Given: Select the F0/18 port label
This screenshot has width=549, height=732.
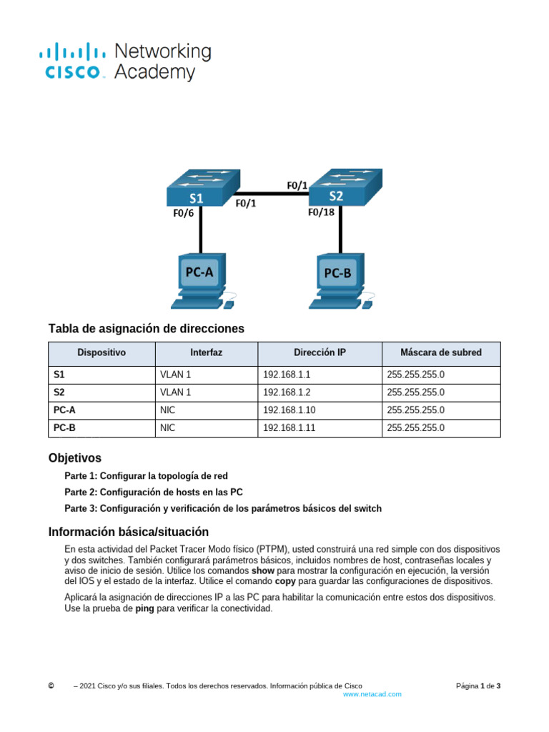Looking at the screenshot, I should (x=321, y=212).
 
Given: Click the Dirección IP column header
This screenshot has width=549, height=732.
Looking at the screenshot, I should (x=320, y=352).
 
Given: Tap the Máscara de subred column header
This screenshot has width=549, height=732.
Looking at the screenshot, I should (x=440, y=352).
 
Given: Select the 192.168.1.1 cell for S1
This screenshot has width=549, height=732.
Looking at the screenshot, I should (x=287, y=374).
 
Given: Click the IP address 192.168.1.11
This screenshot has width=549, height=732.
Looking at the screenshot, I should (x=289, y=428).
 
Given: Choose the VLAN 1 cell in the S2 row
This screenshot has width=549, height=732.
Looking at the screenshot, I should (x=176, y=392).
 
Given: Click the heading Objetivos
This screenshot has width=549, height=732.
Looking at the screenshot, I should (x=74, y=457).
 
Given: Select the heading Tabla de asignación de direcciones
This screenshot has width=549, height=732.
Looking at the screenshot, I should (x=146, y=329).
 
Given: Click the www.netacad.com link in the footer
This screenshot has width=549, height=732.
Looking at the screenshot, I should (x=372, y=694).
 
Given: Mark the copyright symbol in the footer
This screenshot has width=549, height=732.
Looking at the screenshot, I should (x=51, y=686).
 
